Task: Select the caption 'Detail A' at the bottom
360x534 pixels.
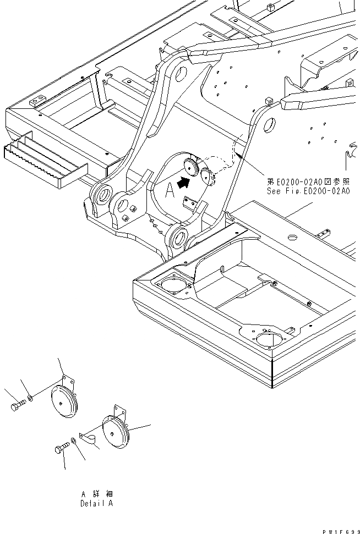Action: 98,503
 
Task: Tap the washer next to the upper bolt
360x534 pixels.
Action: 31,398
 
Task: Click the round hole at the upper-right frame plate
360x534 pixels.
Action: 269,125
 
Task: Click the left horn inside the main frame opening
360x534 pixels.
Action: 192,166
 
